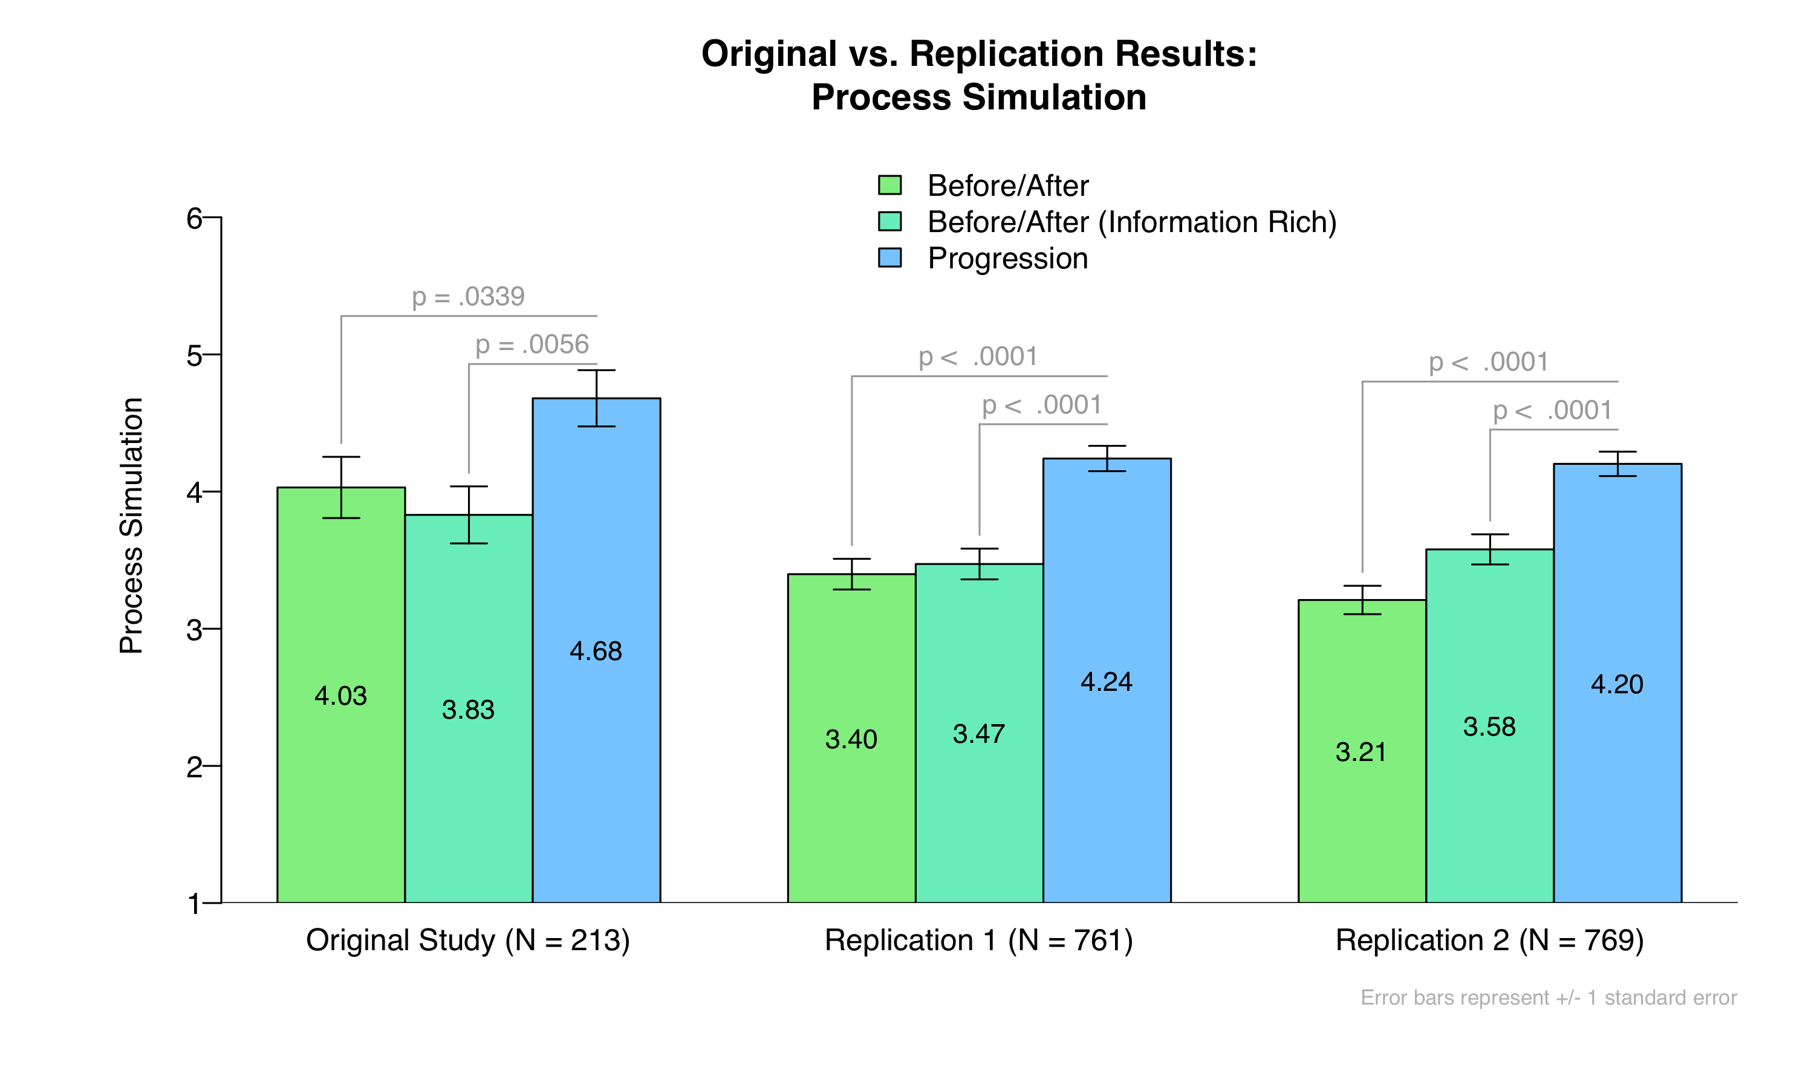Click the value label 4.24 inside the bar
pyautogui.click(x=1107, y=682)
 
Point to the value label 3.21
pyautogui.click(x=1361, y=752)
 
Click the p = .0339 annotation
pyautogui.click(x=469, y=297)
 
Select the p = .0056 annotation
pyautogui.click(x=532, y=345)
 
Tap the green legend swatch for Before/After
pyautogui.click(x=889, y=185)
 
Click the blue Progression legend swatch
pyautogui.click(x=889, y=258)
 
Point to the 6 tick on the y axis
pyautogui.click(x=194, y=218)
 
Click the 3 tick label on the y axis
pyautogui.click(x=194, y=629)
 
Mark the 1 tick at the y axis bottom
pyautogui.click(x=194, y=903)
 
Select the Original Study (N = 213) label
pyautogui.click(x=468, y=940)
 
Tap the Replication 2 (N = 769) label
pyautogui.click(x=1489, y=940)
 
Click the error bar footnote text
pyautogui.click(x=1549, y=998)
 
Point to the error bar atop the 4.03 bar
pyautogui.click(x=341, y=487)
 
